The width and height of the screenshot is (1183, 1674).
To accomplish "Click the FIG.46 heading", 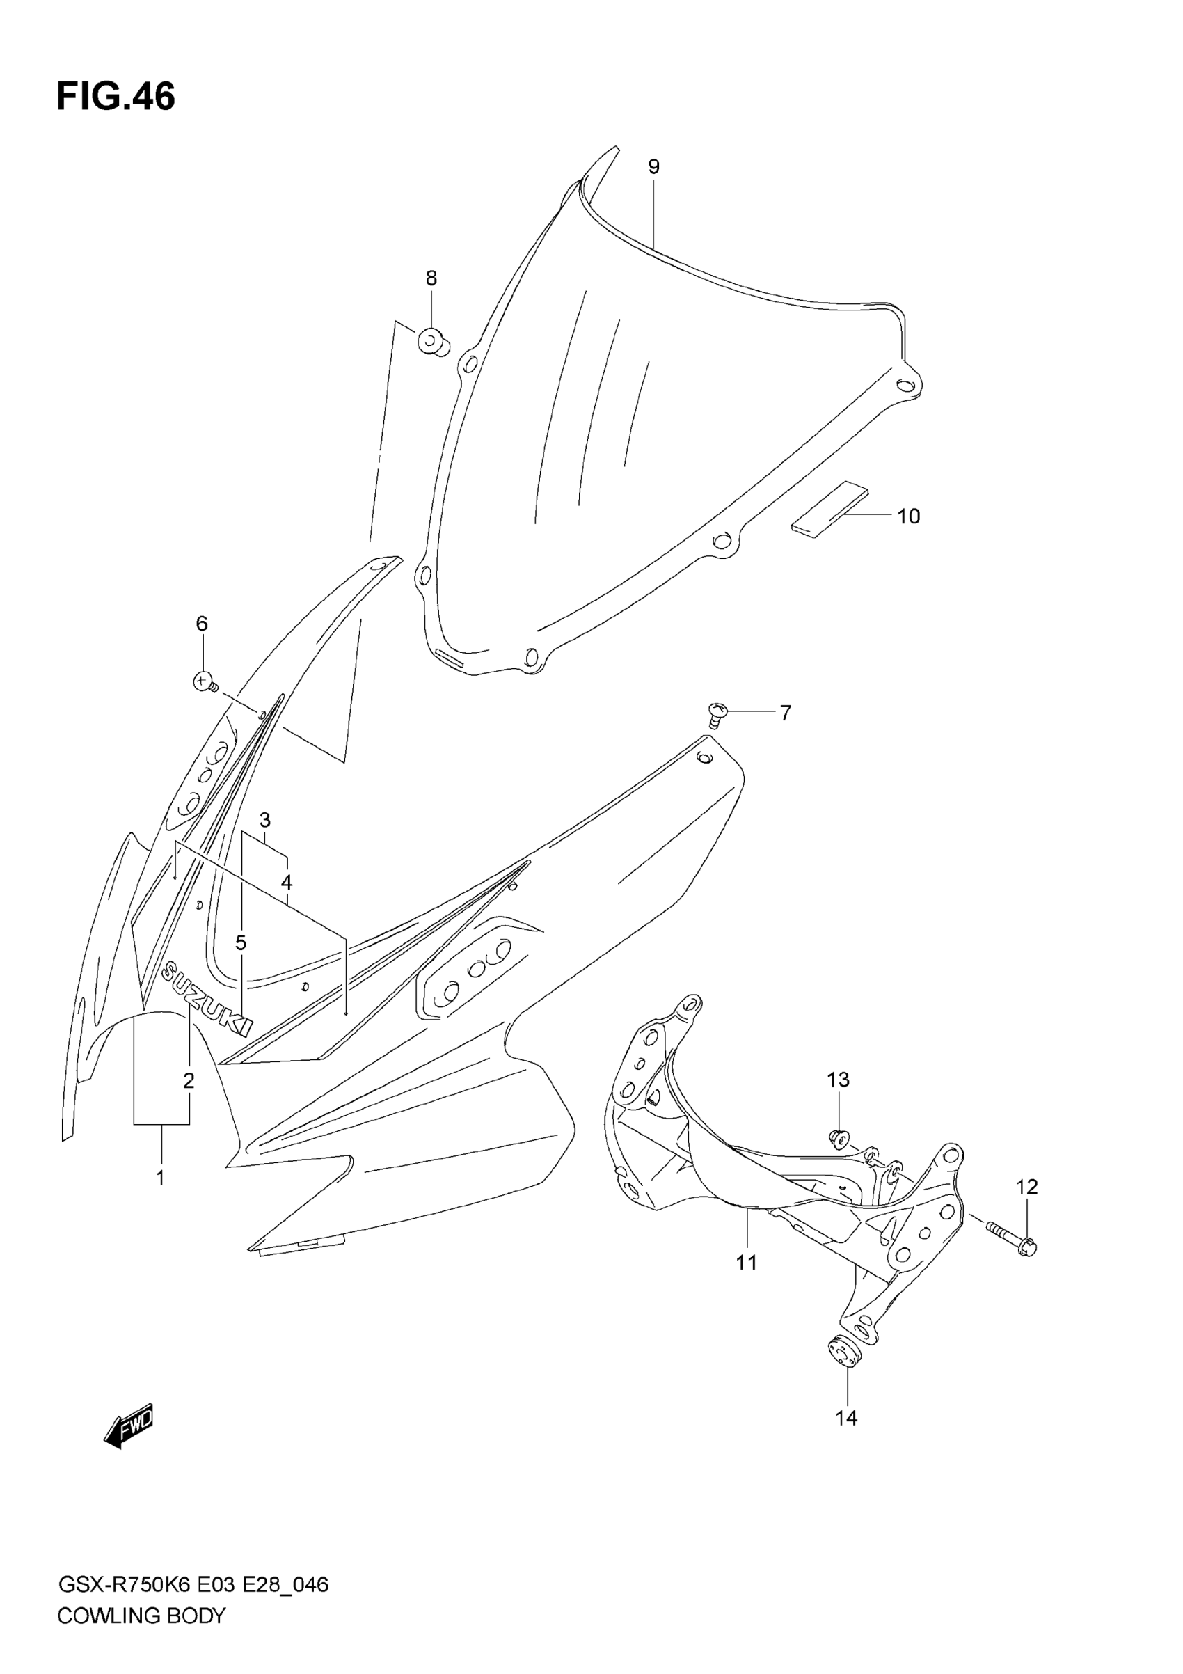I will point(116,96).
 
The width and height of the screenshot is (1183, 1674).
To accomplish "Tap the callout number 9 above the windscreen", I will point(654,167).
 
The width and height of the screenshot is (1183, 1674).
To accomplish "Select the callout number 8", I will point(431,278).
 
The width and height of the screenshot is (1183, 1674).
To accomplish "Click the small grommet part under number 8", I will point(432,341).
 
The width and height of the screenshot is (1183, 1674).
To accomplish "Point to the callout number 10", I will point(908,516).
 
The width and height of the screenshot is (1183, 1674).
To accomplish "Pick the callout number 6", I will point(202,624).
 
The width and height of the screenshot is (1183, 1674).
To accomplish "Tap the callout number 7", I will point(785,712).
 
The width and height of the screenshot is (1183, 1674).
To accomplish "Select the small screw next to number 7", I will point(717,713).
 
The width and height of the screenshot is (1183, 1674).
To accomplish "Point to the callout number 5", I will point(241,942).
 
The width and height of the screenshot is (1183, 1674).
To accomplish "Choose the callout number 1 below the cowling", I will point(160,1177).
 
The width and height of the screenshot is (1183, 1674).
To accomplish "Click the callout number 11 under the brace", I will point(747,1263).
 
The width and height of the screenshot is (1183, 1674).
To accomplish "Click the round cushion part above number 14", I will point(844,1353).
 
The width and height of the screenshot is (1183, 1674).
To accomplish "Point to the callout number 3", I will point(264,819).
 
